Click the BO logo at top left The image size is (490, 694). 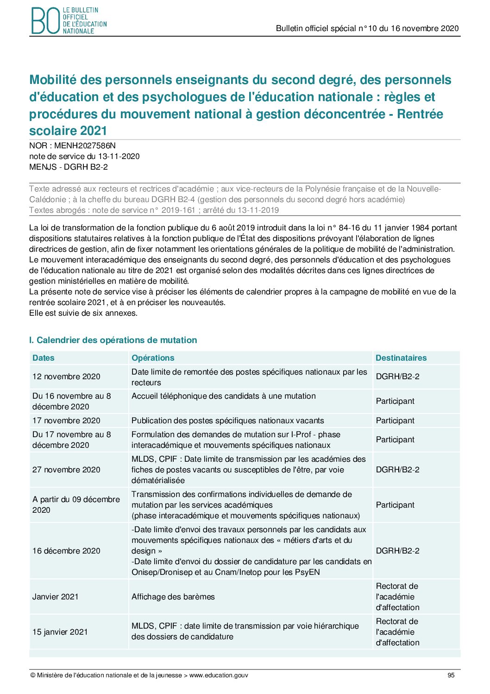69,21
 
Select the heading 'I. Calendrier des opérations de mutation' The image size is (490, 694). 113,340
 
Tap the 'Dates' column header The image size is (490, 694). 44,358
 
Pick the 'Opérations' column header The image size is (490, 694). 153,358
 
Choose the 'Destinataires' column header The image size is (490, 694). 401,358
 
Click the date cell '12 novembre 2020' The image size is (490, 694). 66,376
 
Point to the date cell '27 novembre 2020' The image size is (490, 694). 66,470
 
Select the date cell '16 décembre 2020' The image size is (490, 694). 66,551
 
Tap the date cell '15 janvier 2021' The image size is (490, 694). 60,632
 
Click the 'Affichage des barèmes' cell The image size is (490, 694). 173,597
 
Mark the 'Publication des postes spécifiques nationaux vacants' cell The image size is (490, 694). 228,420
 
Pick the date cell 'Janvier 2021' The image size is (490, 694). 56,597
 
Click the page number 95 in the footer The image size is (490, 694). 451,675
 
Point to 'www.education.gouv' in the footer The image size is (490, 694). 219,675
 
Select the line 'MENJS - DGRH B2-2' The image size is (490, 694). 69,167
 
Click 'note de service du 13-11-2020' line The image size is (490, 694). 84,156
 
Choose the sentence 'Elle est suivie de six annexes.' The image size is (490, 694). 83,313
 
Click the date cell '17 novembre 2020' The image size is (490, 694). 66,420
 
